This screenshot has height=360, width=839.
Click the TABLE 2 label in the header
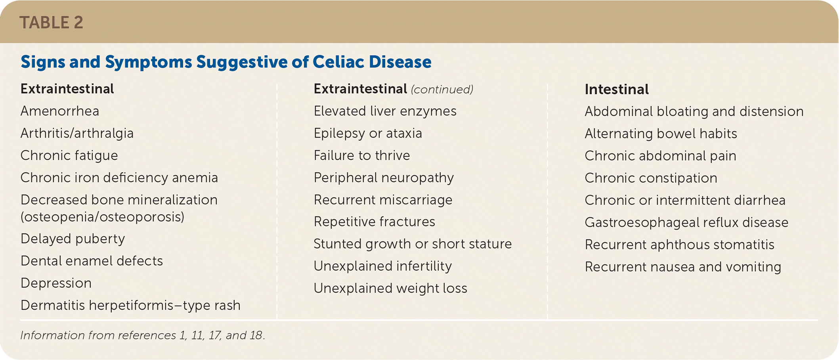coord(51,23)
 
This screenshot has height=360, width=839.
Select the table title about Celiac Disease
coord(226,62)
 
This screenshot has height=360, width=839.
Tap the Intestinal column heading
coord(617,89)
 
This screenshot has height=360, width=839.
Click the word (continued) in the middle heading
coord(442,90)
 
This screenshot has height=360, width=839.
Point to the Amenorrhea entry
coord(60,111)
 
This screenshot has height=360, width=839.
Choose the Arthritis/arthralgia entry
coord(77,133)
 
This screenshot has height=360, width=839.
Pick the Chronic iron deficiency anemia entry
coord(119,178)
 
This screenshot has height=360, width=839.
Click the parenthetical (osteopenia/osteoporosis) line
coord(102,217)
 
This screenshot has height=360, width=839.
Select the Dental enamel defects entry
coord(92,261)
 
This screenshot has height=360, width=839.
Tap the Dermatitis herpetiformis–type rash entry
coord(130,305)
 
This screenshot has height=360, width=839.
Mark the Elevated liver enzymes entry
coord(385,111)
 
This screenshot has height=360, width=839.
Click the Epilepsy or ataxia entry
coord(368,133)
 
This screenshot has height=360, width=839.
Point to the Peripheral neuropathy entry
coord(384,178)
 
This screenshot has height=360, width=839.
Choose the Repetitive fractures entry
coord(374,222)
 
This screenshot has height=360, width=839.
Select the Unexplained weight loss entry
coord(390,288)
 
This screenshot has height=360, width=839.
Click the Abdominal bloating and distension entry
coord(694,111)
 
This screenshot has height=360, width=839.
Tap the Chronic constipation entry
coord(651,178)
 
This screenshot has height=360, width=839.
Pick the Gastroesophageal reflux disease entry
coord(686,222)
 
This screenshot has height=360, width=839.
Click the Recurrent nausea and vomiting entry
coord(683,267)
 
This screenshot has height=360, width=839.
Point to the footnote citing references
coord(143,335)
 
